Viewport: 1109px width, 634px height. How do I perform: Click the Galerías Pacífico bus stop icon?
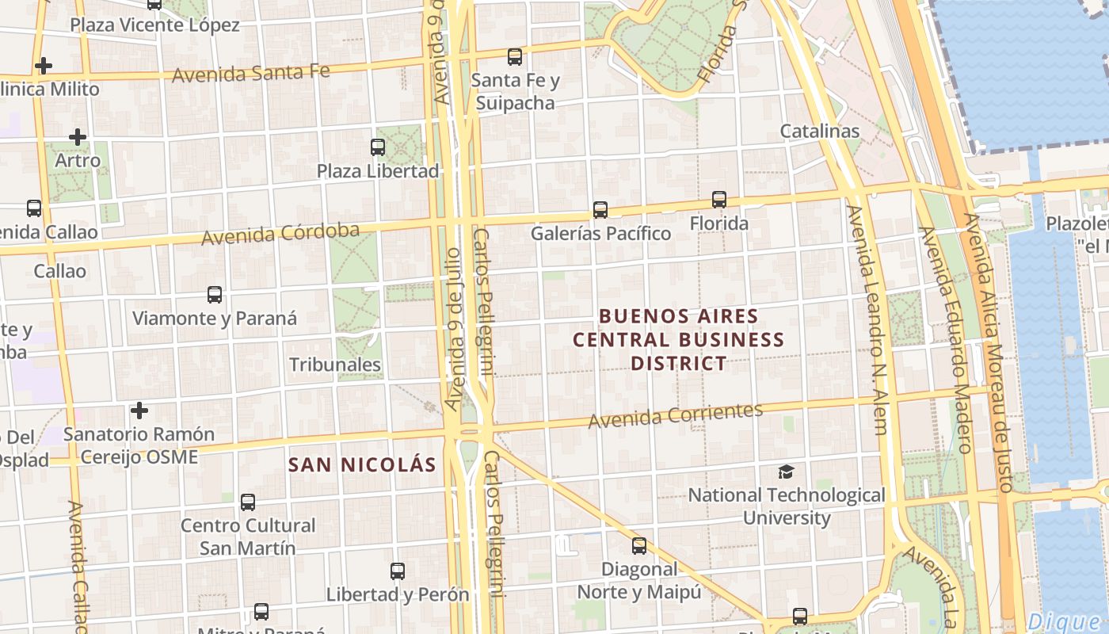[x=600, y=210]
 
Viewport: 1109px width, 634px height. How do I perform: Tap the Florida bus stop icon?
[x=719, y=200]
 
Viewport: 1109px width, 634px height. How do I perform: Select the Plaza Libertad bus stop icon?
[x=378, y=147]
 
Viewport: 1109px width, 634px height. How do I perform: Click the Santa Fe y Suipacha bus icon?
[x=515, y=57]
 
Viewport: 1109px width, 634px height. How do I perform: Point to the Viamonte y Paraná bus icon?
[x=215, y=295]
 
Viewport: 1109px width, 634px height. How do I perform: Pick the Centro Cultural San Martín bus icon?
[x=248, y=502]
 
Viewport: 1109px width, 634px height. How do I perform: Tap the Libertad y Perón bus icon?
[x=398, y=571]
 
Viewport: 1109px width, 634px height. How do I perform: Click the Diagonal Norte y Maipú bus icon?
[x=639, y=546]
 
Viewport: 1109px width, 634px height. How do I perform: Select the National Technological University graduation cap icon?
[x=786, y=472]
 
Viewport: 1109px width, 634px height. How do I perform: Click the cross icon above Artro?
[x=78, y=137]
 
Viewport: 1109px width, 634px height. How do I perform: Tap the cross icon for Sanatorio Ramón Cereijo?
[x=139, y=411]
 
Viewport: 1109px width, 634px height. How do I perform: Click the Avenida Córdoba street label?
[x=280, y=235]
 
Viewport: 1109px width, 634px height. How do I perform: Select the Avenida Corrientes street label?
[x=675, y=414]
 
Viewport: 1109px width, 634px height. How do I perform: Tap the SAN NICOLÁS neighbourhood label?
[x=362, y=465]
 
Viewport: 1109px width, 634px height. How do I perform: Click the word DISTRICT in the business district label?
[x=678, y=364]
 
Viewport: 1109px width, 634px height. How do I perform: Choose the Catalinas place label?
[x=820, y=131]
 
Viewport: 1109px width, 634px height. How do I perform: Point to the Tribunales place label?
[x=335, y=365]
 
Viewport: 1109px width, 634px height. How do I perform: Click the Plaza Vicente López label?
[x=154, y=25]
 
